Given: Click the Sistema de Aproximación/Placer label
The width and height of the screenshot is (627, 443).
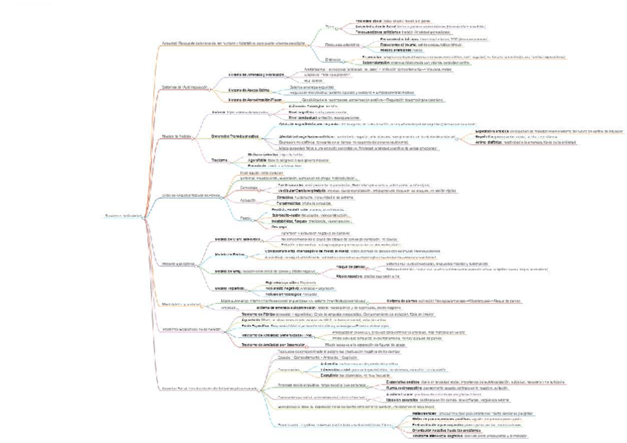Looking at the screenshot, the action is (x=256, y=99).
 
